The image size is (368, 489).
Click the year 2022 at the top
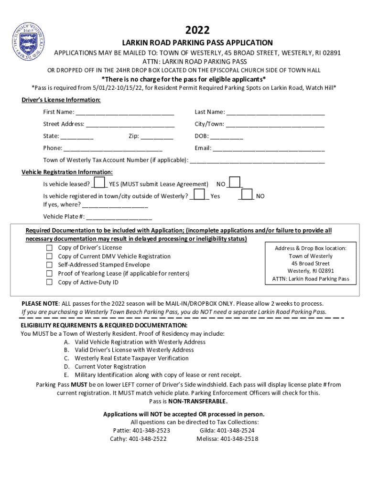coord(197,30)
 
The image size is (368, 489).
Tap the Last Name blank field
coord(275,113)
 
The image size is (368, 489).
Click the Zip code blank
coord(157,137)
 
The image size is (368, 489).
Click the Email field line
coord(269,149)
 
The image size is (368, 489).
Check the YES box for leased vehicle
coord(99,183)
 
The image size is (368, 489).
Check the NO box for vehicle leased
coord(235,183)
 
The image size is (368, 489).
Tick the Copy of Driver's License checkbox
coord(49,248)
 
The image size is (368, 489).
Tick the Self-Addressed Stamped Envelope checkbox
coord(49,265)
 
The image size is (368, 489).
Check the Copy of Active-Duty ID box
coord(49,282)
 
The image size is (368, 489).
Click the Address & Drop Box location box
coord(311,264)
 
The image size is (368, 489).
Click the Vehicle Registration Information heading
coord(67,172)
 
